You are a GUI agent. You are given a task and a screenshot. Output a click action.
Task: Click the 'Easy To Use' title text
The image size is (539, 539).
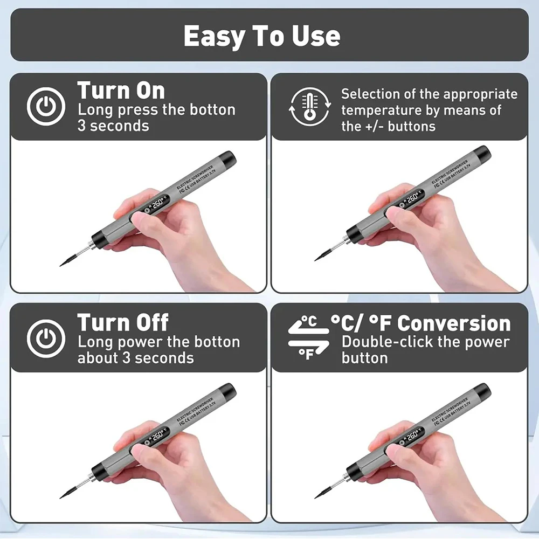[x=262, y=36]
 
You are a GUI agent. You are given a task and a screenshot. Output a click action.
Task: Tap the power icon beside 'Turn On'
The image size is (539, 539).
[x=46, y=106]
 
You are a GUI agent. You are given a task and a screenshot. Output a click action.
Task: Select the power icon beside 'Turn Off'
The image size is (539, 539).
[x=46, y=338]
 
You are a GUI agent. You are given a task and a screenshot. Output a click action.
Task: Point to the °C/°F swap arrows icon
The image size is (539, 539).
[x=308, y=338]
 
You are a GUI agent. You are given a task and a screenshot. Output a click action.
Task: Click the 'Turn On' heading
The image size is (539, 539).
[x=121, y=90]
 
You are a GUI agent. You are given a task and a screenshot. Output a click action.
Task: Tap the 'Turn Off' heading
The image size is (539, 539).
[x=123, y=322]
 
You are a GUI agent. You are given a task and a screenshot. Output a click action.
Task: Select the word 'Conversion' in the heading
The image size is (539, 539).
[x=454, y=323]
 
